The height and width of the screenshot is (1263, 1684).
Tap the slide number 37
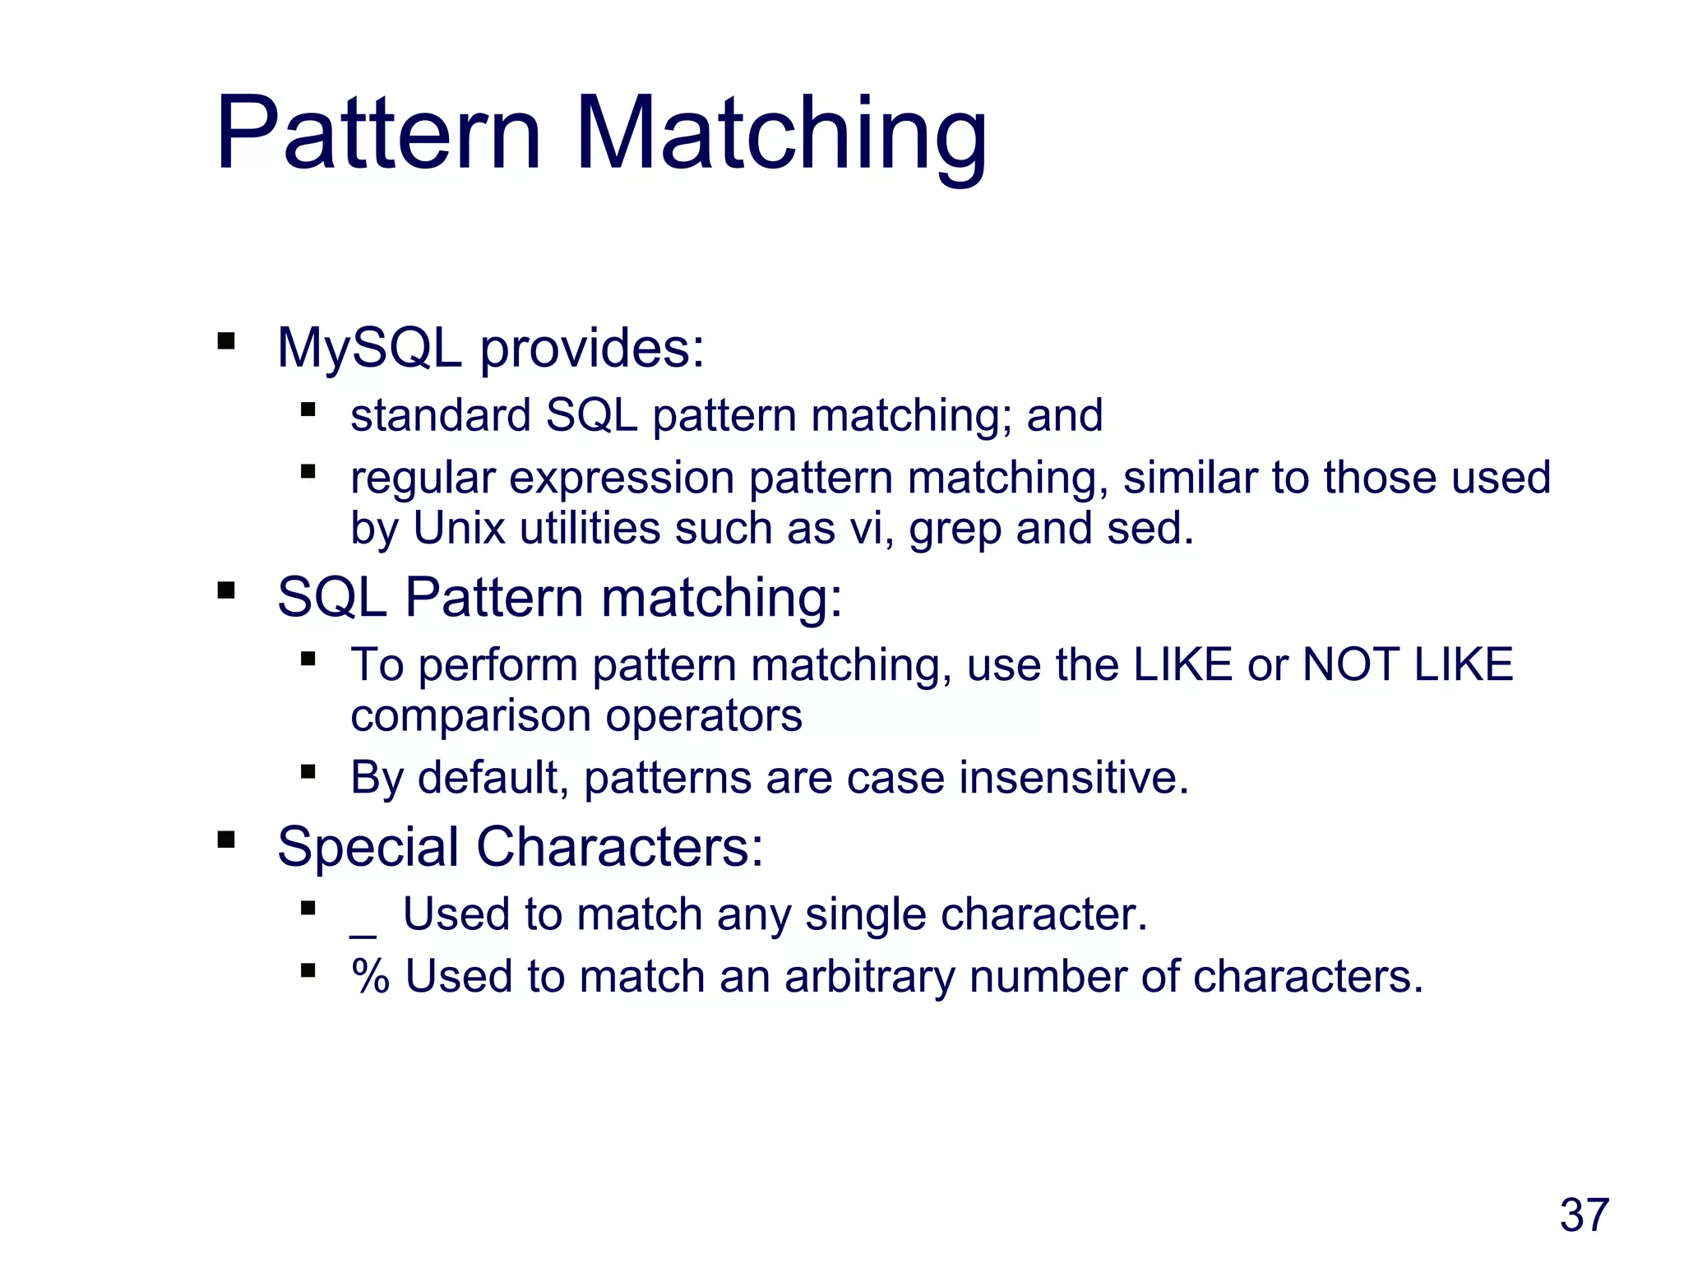pos(1584,1215)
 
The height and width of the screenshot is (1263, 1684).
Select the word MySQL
pos(369,349)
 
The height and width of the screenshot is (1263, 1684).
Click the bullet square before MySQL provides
pos(226,341)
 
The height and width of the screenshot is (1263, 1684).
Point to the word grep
pos(955,529)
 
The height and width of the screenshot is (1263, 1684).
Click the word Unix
pos(459,528)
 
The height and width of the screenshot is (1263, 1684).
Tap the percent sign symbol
pos(370,977)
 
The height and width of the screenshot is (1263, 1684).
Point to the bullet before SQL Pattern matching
pos(226,590)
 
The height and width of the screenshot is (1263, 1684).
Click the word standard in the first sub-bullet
pos(440,415)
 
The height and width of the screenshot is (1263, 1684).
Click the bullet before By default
pos(308,771)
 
